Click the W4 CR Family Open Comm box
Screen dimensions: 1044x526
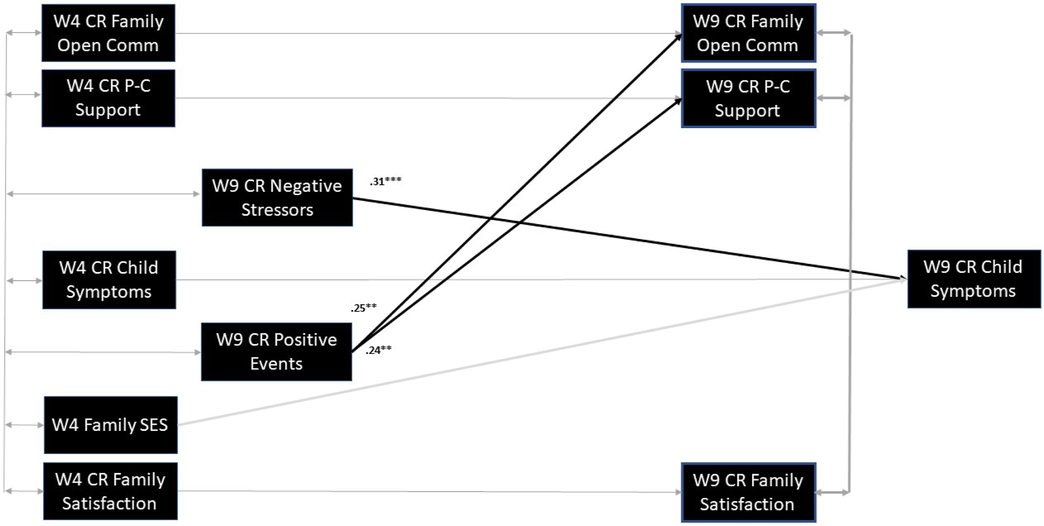coord(108,33)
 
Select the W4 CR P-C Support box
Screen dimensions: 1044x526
coord(108,98)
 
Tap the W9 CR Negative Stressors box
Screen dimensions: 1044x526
coord(277,198)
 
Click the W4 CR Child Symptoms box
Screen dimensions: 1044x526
coord(109,280)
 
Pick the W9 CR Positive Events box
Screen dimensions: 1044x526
coord(277,352)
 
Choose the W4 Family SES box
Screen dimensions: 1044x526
coord(111,425)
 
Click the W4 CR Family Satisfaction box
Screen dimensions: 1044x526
coord(110,491)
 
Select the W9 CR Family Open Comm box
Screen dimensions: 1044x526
coord(748,33)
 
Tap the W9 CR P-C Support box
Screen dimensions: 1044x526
coord(748,99)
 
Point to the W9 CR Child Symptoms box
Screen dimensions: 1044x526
coord(974,279)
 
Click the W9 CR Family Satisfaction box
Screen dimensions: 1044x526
coord(748,492)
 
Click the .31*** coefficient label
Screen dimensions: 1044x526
coord(385,181)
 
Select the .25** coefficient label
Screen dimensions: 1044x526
coord(364,307)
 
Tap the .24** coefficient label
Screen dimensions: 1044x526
coord(378,350)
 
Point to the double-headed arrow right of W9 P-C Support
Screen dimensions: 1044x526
coord(834,98)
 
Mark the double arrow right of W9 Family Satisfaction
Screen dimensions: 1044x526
coord(833,492)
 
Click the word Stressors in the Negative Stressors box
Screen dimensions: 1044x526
coord(277,210)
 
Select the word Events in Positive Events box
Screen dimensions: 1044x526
coord(276,364)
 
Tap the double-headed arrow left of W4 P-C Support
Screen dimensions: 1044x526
coord(24,95)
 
